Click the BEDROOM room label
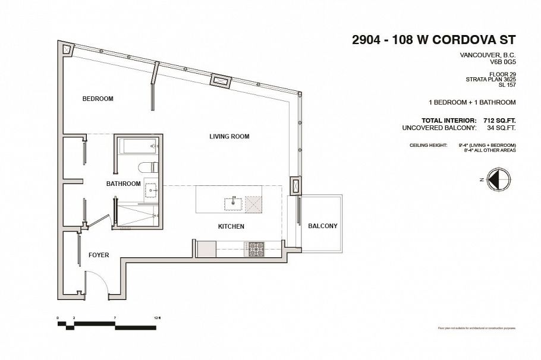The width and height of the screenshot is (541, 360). [97, 99]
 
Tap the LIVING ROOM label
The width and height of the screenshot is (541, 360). [229, 137]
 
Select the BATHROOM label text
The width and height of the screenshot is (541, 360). [123, 184]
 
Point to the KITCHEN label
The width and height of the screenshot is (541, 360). [231, 226]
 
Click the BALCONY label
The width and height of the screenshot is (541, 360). [322, 226]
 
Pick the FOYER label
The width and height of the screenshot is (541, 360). [99, 255]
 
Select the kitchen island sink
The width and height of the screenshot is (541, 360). [234, 203]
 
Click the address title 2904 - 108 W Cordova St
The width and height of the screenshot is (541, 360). [433, 40]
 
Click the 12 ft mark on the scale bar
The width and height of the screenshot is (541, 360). [157, 319]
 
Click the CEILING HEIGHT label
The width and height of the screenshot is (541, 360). [428, 146]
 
